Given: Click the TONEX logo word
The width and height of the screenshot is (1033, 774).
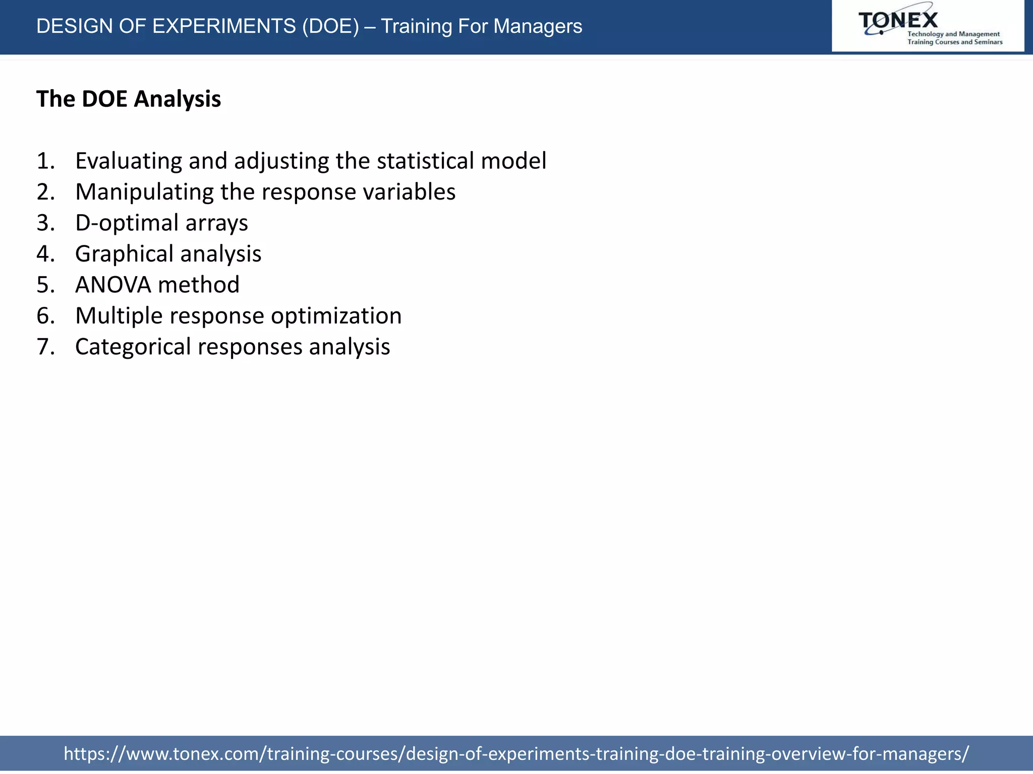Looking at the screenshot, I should pos(898,20).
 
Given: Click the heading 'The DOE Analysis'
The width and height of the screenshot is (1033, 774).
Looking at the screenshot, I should pos(129,99).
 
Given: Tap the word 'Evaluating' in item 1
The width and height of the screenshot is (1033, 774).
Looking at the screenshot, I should pos(129,161).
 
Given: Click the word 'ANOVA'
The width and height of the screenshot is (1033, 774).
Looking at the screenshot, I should pos(113,285).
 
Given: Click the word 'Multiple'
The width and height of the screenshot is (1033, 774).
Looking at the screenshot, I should pos(119,316).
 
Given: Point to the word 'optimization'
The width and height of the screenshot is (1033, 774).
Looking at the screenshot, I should pos(336,316).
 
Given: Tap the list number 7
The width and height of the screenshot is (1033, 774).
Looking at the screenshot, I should pos(44,347).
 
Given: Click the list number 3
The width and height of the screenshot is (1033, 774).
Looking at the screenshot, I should pos(44,223).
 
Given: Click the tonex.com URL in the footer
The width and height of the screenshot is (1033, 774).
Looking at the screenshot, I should pos(516,753).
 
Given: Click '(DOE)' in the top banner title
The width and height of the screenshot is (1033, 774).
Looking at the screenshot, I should pos(330,26).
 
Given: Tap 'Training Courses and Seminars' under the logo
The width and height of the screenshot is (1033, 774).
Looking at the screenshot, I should pos(955,42).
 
